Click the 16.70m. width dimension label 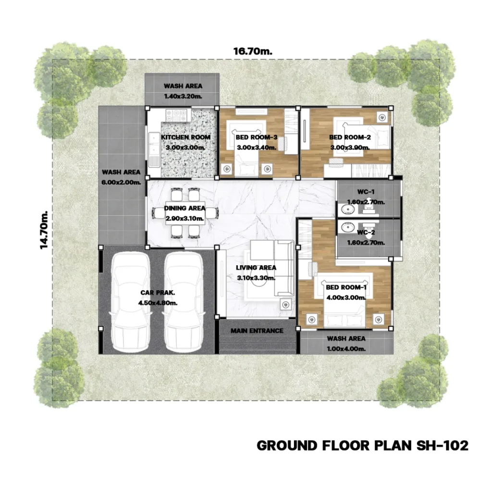(253, 51)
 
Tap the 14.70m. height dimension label (44, 230)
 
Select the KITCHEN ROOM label (186, 137)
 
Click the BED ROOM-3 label (257, 137)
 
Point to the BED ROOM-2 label (350, 137)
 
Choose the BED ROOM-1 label (346, 287)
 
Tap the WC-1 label (366, 192)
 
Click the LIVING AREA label (256, 268)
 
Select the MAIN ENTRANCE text (257, 331)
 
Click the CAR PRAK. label (158, 293)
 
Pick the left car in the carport (131, 302)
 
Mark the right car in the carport (184, 302)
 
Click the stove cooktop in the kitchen (176, 115)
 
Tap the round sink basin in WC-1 (347, 209)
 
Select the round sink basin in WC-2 (347, 227)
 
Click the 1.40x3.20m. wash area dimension (183, 96)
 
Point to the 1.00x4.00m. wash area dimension (346, 349)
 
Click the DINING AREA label (184, 208)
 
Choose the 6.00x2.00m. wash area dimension (121, 182)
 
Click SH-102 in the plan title (442, 445)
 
